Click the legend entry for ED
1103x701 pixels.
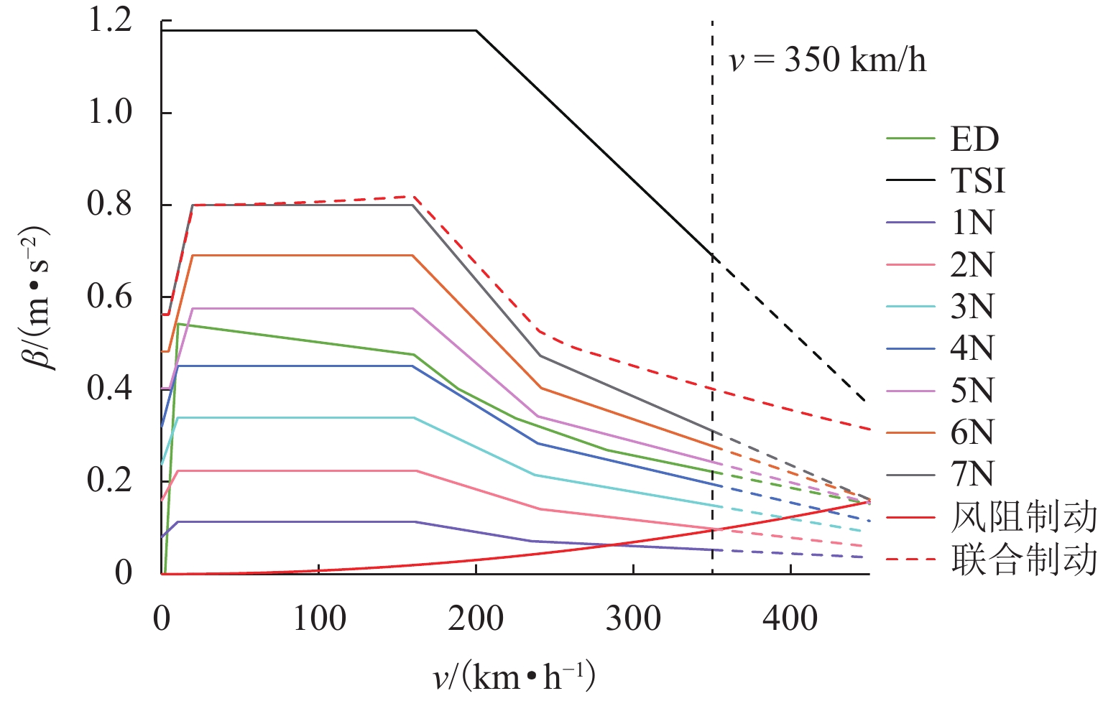(974, 139)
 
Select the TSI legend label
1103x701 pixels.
(977, 181)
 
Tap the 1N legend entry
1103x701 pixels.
(972, 223)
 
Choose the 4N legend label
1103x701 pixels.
(972, 348)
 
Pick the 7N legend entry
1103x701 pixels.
(972, 474)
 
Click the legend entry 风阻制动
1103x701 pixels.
(1023, 517)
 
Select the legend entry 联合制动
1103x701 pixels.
(1023, 560)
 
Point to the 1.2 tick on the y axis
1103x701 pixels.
(110, 20)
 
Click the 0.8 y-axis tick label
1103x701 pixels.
(110, 205)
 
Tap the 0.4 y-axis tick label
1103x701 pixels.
(110, 389)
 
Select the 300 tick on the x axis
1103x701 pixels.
(633, 618)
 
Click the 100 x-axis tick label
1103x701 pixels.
(319, 618)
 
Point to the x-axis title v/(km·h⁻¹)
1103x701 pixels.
(514, 676)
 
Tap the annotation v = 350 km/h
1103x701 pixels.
(827, 60)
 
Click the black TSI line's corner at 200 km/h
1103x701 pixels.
(476, 30)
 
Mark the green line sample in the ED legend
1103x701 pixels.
(910, 139)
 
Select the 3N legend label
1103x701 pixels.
(972, 307)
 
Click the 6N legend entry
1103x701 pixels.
(972, 432)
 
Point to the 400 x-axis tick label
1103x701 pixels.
(790, 618)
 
